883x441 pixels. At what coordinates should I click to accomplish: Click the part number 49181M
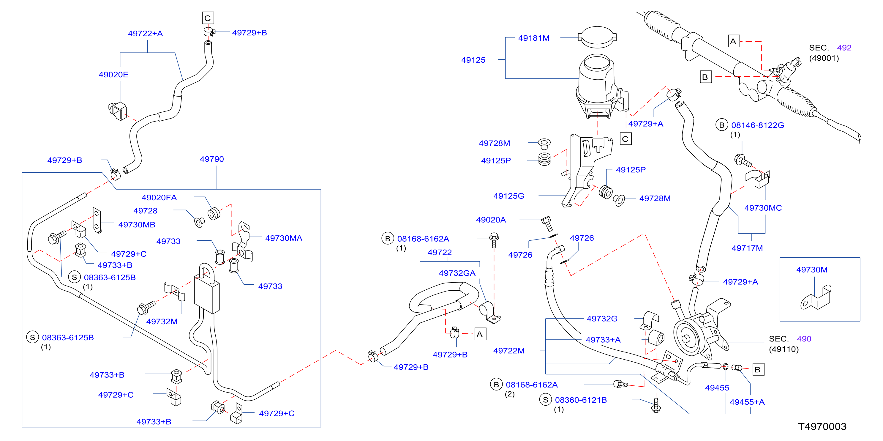pos(534,38)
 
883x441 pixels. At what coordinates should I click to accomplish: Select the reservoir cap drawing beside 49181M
pos(597,37)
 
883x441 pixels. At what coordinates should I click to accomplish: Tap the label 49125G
pos(509,196)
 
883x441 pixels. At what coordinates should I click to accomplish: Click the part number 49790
pos(212,159)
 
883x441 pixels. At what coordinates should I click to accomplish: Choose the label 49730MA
pos(284,238)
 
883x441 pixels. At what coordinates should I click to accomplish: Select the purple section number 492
pos(844,48)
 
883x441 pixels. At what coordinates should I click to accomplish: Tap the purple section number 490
pos(804,339)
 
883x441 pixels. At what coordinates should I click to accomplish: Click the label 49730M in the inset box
pos(812,270)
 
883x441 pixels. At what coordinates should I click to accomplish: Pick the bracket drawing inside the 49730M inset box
pos(816,297)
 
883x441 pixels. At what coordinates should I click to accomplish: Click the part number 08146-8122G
pos(758,125)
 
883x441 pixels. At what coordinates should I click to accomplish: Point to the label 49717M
pos(747,248)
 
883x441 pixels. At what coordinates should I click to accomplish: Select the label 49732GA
pos(457,273)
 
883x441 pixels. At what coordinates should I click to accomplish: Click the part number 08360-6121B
pos(581,400)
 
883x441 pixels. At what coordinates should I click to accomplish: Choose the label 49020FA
pos(159,198)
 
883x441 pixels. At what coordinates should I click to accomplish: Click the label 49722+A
pos(145,33)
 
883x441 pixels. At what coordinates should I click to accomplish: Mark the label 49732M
pos(162,321)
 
